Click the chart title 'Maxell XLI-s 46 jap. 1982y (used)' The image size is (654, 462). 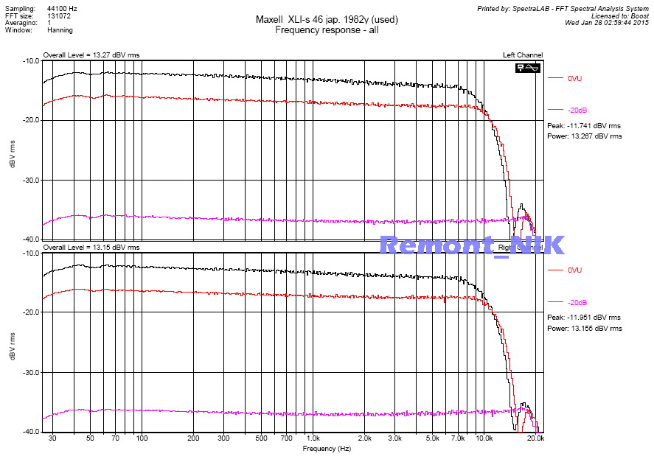(326, 19)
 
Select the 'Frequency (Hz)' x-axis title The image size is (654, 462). (326, 447)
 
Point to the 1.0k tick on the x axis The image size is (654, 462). (313, 438)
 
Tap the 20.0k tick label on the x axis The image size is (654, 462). (536, 438)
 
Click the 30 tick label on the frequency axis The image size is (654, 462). (52, 438)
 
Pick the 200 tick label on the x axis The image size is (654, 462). (193, 438)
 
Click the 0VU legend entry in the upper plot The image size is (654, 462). (575, 78)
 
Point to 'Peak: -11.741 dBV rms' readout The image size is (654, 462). (584, 126)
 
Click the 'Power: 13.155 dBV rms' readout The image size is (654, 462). (584, 328)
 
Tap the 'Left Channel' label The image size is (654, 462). (523, 55)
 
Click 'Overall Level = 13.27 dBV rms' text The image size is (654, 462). (91, 55)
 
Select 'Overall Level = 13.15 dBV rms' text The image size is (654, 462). (91, 248)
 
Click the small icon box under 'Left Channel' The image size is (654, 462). (529, 67)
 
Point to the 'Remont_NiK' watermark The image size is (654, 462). (472, 245)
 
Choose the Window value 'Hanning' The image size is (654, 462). (60, 30)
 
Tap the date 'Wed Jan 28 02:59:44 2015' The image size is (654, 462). (607, 22)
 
